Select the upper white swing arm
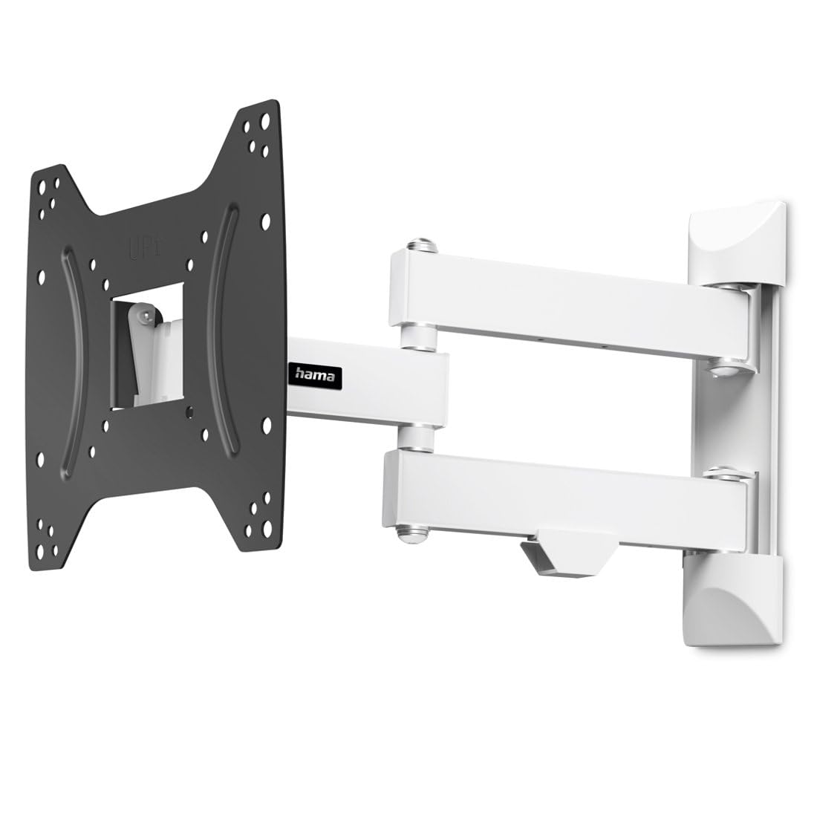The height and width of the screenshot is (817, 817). coord(564,298)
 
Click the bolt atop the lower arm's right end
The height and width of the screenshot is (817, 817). coord(723,472)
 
